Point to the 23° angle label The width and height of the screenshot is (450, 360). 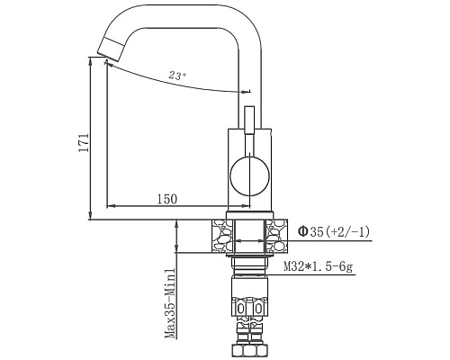pos(177,76)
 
